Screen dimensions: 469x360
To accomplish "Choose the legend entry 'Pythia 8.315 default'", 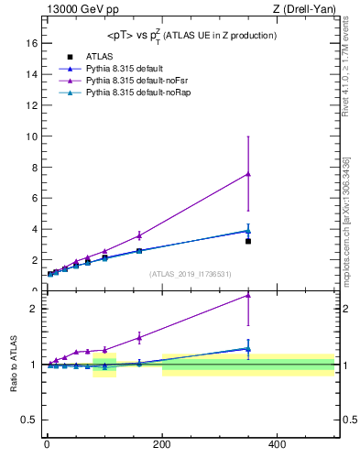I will point(125,69).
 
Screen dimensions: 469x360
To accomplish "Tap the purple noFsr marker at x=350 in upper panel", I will point(248,174).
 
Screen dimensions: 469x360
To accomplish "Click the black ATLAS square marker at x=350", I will point(248,241).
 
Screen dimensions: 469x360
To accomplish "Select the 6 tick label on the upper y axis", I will point(33,198).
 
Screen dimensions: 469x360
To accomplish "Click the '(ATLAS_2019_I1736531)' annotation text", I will point(191,274).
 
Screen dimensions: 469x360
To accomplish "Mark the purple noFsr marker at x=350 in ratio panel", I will point(248,295).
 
